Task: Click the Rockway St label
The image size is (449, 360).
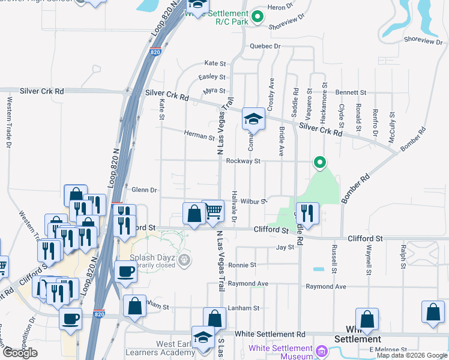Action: (243, 161)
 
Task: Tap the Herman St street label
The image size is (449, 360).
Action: (199, 137)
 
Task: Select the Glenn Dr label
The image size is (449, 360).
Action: (144, 190)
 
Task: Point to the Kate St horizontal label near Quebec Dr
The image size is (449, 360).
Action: (215, 63)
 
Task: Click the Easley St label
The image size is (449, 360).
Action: (212, 77)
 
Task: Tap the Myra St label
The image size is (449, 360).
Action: (214, 91)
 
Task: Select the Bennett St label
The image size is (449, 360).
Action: (351, 93)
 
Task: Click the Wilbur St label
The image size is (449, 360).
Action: (254, 202)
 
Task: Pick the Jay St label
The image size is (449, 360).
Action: (285, 247)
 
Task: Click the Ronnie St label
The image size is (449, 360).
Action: (242, 265)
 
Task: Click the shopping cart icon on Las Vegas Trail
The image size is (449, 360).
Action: (213, 212)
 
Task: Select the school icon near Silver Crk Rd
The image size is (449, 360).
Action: (253, 119)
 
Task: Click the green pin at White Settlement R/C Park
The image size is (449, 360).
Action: (258, 16)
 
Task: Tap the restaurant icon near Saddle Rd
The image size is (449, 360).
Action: (307, 214)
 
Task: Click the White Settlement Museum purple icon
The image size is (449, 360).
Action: (321, 350)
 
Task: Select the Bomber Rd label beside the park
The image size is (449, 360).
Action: (355, 186)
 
